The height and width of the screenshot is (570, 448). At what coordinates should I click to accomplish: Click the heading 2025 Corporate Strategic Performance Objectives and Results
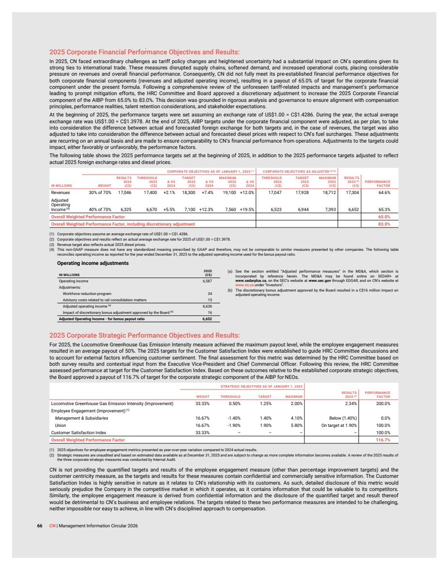pyautogui.click(x=144, y=335)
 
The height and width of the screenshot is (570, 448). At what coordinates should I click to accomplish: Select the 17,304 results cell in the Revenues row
pyautogui.click(x=352, y=193)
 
